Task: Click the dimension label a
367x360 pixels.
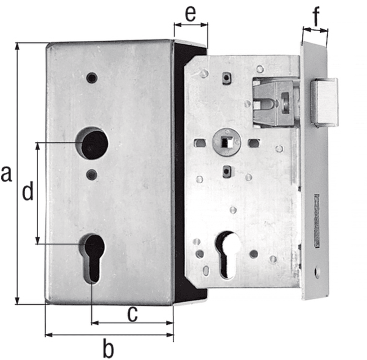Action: click(6, 174)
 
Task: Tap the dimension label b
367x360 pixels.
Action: click(108, 349)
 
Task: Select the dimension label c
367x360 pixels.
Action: click(133, 314)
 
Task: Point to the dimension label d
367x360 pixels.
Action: click(28, 192)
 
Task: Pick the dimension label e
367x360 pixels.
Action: click(190, 14)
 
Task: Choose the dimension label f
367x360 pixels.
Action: click(316, 17)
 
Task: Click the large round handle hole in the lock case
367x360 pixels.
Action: click(92, 144)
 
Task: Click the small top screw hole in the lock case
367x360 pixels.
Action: click(92, 77)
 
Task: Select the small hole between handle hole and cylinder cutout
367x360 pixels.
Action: click(92, 175)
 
